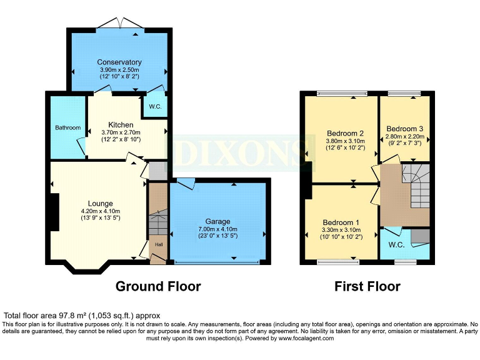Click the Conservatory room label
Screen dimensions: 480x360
[119, 62]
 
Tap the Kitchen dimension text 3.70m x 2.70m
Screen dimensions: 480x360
[121, 132]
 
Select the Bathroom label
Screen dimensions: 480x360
[68, 127]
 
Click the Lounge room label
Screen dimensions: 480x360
[101, 204]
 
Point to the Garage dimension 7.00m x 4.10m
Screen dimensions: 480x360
[217, 229]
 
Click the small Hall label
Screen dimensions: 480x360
[159, 244]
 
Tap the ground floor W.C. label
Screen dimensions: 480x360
[155, 107]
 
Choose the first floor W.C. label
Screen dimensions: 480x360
[396, 245]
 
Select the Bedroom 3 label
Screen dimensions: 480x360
[405, 129]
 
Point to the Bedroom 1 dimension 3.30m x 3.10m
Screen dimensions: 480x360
[341, 230]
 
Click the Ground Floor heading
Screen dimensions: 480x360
[158, 286]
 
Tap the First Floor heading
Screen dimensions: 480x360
[367, 286]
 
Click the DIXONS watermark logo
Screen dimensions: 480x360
[239, 153]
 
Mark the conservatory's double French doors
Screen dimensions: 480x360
[121, 23]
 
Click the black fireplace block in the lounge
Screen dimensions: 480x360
[55, 212]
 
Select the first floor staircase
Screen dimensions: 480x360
[416, 186]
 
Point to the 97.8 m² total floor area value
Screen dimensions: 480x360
[72, 316]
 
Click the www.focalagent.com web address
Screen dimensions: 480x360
[306, 338]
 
